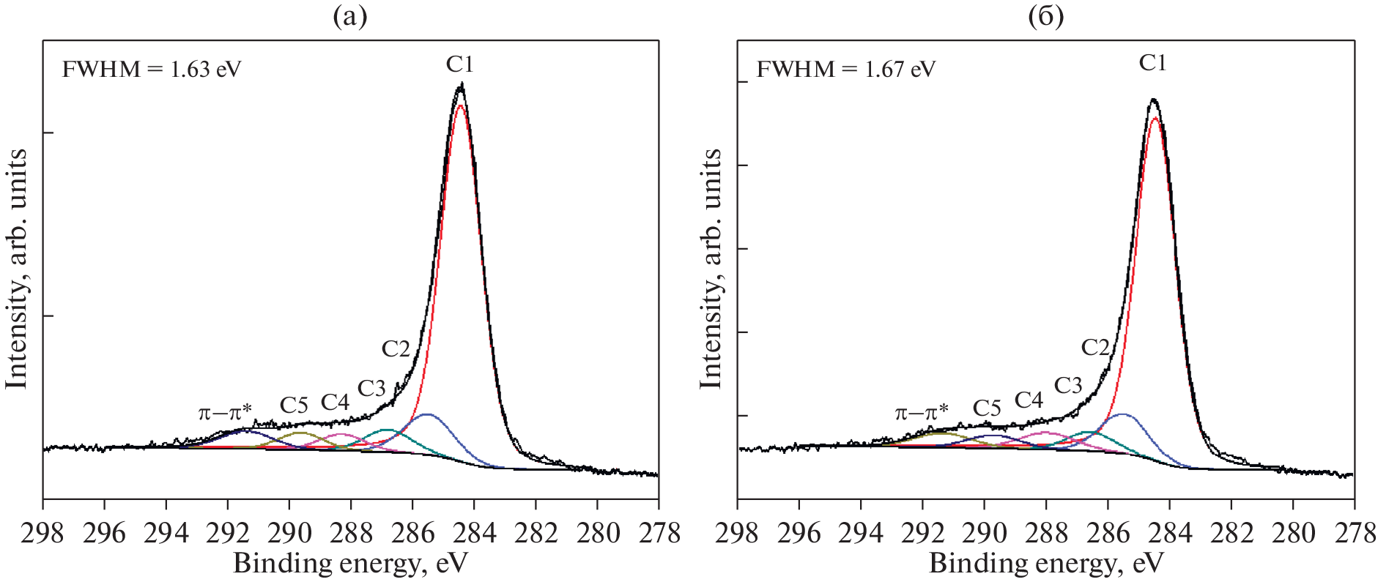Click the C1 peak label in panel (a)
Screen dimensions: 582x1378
point(460,64)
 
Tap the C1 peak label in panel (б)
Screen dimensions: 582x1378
point(1152,63)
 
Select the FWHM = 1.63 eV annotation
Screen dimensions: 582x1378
point(152,70)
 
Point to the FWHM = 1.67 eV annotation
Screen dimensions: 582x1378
point(845,70)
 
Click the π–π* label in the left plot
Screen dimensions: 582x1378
point(225,412)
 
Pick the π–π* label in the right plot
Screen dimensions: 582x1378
point(921,412)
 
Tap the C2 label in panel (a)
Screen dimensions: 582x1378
point(396,348)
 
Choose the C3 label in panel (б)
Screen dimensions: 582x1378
point(1067,385)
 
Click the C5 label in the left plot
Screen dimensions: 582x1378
point(294,405)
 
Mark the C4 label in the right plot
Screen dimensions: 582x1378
point(1029,400)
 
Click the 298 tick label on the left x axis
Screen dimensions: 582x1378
point(42,533)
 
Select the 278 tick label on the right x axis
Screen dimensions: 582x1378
point(1354,533)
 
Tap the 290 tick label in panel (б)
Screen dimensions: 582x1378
point(984,533)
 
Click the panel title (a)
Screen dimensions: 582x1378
point(350,16)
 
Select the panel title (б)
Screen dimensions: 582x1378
point(1045,16)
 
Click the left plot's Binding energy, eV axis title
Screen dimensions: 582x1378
point(350,563)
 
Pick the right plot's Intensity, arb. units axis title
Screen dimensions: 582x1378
point(711,269)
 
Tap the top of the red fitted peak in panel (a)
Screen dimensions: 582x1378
point(460,105)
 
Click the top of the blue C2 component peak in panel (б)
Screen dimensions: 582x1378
point(1122,414)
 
